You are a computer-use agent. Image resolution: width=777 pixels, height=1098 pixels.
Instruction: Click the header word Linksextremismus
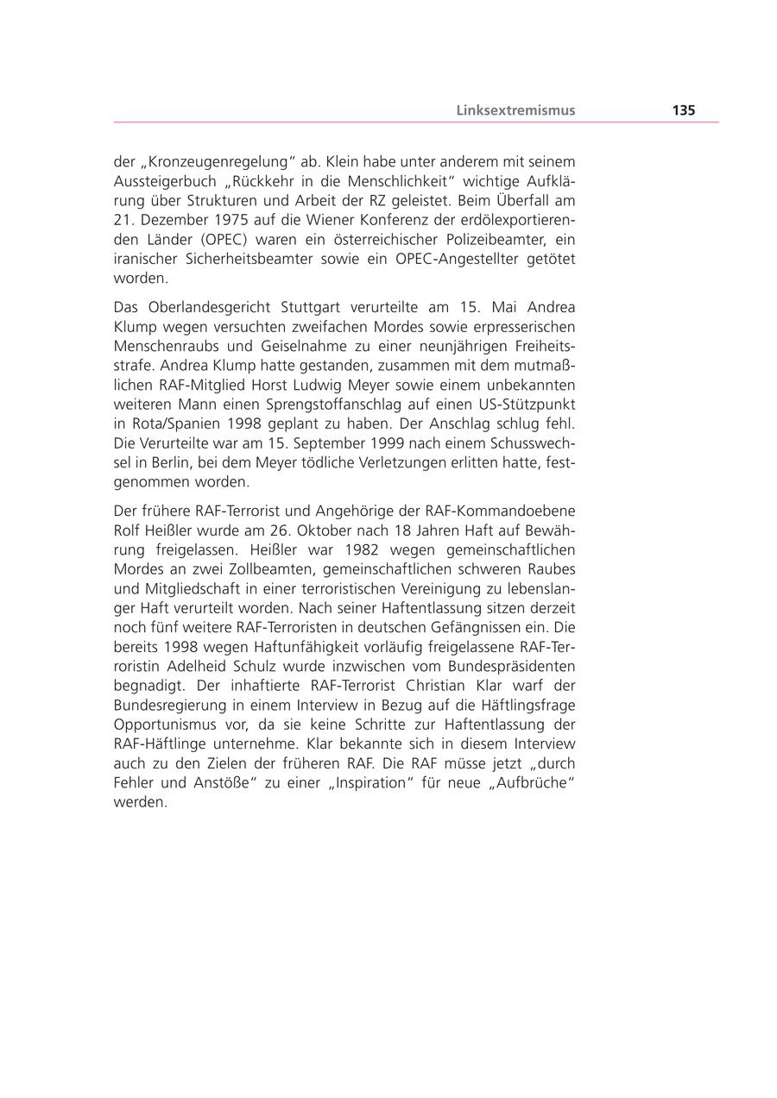click(x=515, y=110)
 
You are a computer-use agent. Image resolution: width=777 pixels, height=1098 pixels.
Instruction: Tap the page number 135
click(x=683, y=110)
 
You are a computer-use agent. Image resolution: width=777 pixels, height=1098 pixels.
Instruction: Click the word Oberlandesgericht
click(x=211, y=308)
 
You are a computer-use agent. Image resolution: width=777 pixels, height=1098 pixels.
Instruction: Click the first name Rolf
click(x=128, y=530)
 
